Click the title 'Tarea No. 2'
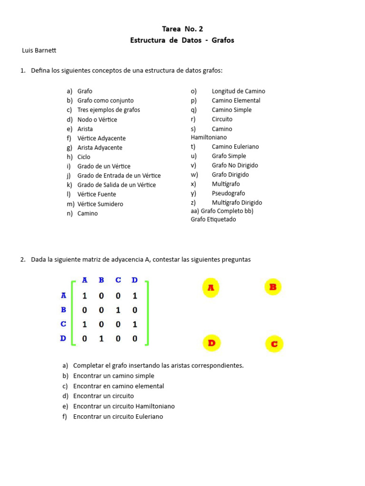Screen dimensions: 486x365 point(182,29)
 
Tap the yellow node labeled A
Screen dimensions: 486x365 point(211,288)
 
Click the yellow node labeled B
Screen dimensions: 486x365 point(273,287)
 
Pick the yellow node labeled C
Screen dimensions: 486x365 point(274,344)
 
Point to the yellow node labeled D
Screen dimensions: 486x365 point(211,343)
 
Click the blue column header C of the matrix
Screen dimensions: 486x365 point(118,280)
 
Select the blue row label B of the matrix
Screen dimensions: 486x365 point(63,310)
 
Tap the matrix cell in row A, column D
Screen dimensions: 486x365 point(134,296)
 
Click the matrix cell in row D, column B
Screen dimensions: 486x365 point(101,339)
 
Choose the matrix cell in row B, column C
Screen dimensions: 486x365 point(118,310)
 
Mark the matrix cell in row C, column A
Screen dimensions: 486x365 point(85,325)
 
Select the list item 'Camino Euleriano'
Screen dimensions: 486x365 point(235,147)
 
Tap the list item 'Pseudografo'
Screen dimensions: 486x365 point(228,193)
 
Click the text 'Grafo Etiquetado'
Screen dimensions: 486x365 point(213,219)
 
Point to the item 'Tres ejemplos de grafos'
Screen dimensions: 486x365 point(108,110)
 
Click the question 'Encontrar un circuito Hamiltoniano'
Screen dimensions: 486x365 point(124,406)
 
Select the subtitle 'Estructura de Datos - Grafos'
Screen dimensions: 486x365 point(182,40)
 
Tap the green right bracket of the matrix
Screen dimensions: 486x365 point(147,313)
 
